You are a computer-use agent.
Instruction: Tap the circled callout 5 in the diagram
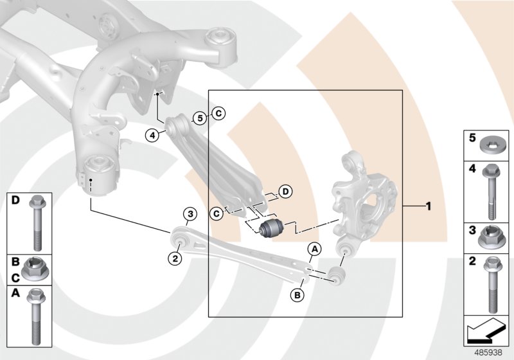[200, 118]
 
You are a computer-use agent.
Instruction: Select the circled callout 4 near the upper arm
[152, 135]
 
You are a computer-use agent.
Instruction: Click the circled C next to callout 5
[218, 114]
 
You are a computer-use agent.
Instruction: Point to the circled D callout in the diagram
[285, 191]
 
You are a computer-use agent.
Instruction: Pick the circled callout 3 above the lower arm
[189, 214]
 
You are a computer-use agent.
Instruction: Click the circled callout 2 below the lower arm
[173, 258]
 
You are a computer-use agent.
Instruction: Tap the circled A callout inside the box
[314, 248]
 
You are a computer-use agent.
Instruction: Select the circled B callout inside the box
[297, 295]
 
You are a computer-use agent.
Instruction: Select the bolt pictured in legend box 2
[492, 284]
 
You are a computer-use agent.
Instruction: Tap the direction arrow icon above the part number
[488, 330]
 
